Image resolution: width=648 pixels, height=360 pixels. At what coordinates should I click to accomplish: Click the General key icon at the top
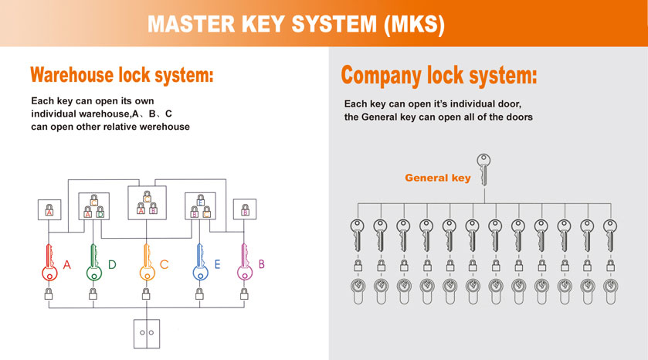click(x=483, y=168)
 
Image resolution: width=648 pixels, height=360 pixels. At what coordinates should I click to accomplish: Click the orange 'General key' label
click(x=438, y=178)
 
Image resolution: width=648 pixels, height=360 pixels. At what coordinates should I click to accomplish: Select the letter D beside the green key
click(x=112, y=265)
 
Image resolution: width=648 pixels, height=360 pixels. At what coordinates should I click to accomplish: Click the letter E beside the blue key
click(x=217, y=265)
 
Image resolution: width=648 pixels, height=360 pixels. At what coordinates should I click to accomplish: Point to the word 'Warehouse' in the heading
click(x=75, y=76)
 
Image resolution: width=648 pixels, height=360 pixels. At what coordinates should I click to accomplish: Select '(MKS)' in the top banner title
click(x=414, y=23)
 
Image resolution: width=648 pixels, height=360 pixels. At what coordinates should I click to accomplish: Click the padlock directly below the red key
click(x=49, y=294)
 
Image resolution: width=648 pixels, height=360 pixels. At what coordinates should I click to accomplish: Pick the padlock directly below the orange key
click(x=145, y=294)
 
